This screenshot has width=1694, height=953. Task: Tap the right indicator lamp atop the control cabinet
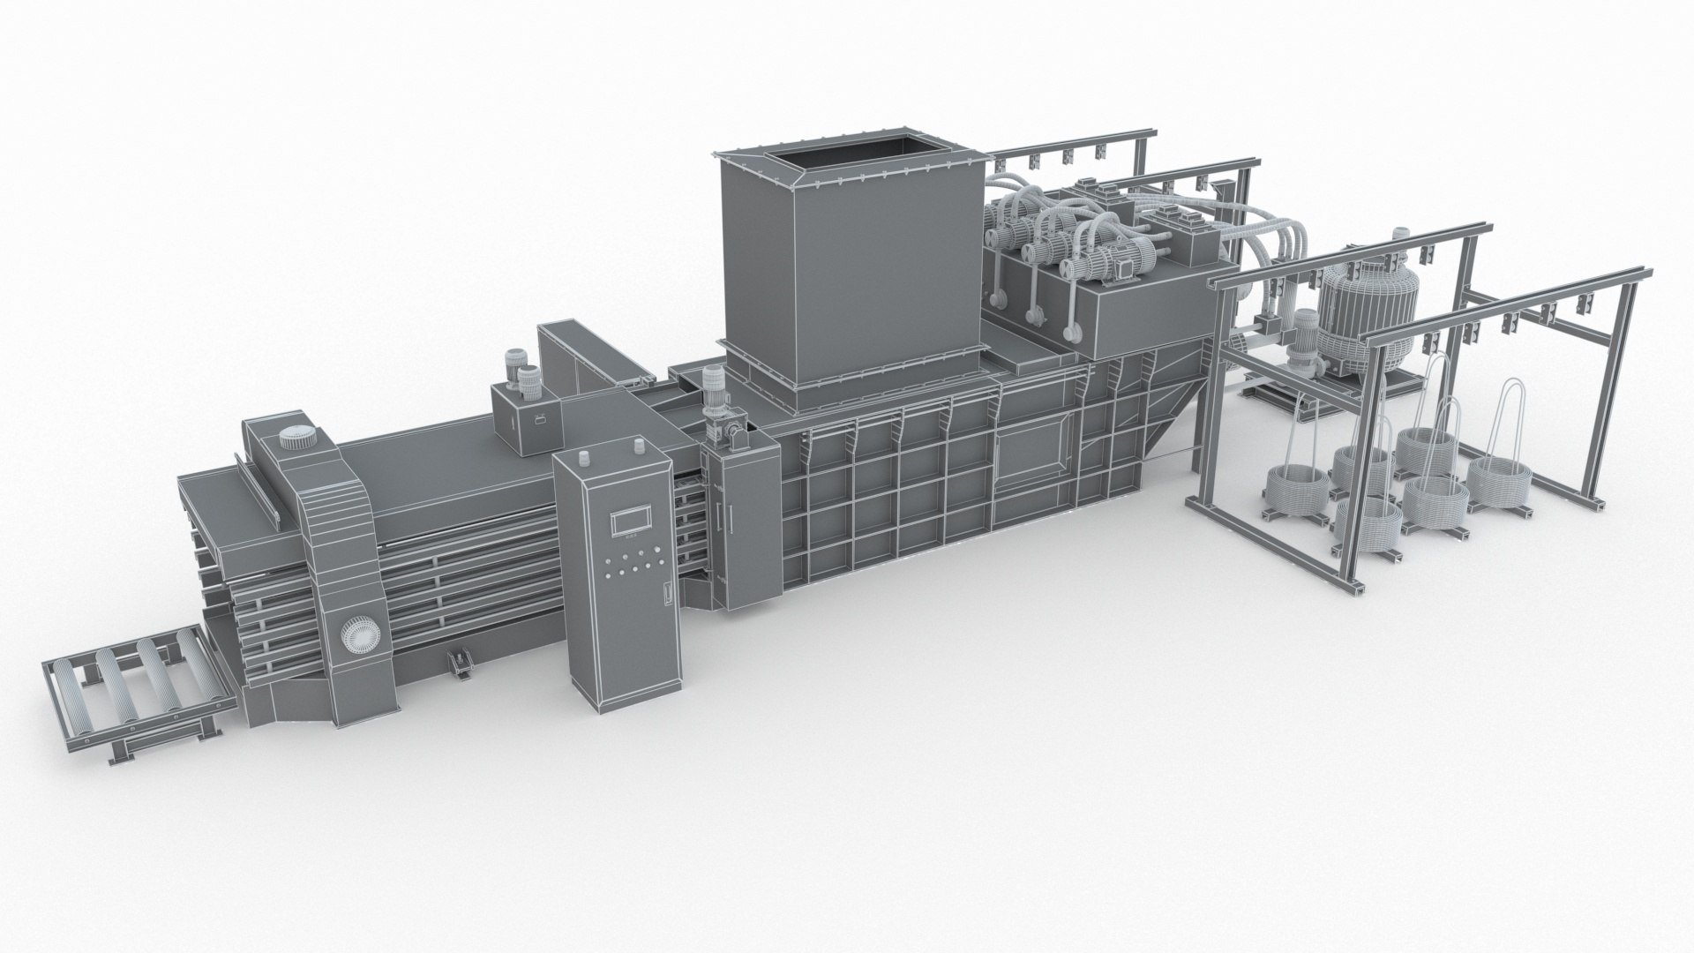635,446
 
